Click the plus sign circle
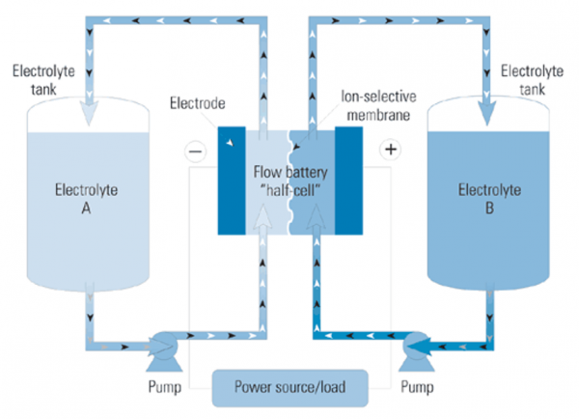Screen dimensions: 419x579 (x=391, y=151)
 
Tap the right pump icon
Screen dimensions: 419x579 (x=417, y=344)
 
